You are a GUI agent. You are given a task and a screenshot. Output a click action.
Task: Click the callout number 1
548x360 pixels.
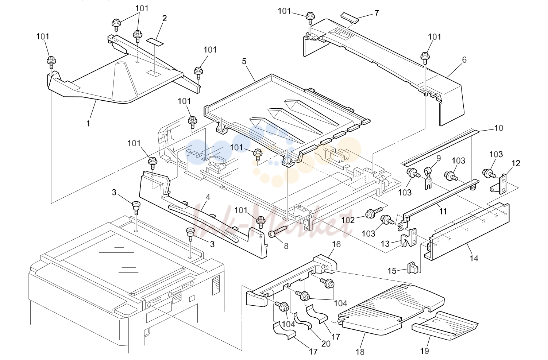pos(88,123)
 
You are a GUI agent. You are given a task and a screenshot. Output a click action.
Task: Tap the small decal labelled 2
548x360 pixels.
pos(155,42)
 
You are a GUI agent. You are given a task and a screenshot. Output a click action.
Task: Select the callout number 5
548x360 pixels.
pos(244,61)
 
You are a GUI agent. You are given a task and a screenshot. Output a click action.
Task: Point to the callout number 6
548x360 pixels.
pos(464,60)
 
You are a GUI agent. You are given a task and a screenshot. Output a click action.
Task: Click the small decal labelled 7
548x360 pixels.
pos(350,17)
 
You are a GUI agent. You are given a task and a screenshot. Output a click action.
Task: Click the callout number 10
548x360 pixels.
pos(499,128)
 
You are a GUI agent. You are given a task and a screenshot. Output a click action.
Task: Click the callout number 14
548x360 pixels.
pos(474,258)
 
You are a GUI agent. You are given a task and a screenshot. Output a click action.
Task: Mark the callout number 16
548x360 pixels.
pos(336,244)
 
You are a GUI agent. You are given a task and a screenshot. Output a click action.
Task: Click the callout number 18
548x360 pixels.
pos(360,352)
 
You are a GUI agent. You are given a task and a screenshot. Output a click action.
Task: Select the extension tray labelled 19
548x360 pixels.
pos(445,326)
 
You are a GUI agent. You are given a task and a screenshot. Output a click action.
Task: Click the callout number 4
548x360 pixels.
pos(208,197)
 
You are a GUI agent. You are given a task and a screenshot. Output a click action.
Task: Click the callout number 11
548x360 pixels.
pos(443,211)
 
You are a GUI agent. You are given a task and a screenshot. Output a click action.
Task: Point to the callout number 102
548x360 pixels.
pos(348,220)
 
